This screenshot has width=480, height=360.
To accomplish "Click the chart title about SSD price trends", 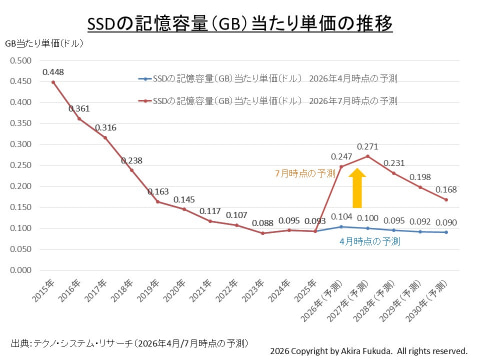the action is click(240, 23).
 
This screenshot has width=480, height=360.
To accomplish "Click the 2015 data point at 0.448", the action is click(53, 82).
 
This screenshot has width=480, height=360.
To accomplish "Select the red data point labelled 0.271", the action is click(368, 156).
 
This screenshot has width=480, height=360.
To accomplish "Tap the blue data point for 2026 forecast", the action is click(341, 227).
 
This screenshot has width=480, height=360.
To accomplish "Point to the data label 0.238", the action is click(132, 161).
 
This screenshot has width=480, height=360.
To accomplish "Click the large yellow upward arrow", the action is click(357, 188).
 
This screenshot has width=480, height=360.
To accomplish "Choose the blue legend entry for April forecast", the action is click(268, 79).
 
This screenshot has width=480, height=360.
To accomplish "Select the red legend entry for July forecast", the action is click(268, 101).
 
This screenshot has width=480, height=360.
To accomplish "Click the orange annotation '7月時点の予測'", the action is click(305, 173).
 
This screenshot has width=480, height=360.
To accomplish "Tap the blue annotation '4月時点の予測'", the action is click(370, 241).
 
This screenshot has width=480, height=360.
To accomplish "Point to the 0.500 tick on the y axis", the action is click(20, 61).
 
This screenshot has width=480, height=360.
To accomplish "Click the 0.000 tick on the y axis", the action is click(20, 270).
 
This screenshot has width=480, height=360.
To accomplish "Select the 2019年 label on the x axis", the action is click(148, 291).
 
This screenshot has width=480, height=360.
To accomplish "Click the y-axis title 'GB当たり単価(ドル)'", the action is click(44, 43).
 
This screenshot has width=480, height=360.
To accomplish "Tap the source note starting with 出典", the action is click(129, 343).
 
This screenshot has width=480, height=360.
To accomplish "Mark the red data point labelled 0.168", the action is click(446, 200).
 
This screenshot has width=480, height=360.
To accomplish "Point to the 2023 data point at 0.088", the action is click(263, 233).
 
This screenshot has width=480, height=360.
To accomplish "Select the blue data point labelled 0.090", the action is click(446, 232).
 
